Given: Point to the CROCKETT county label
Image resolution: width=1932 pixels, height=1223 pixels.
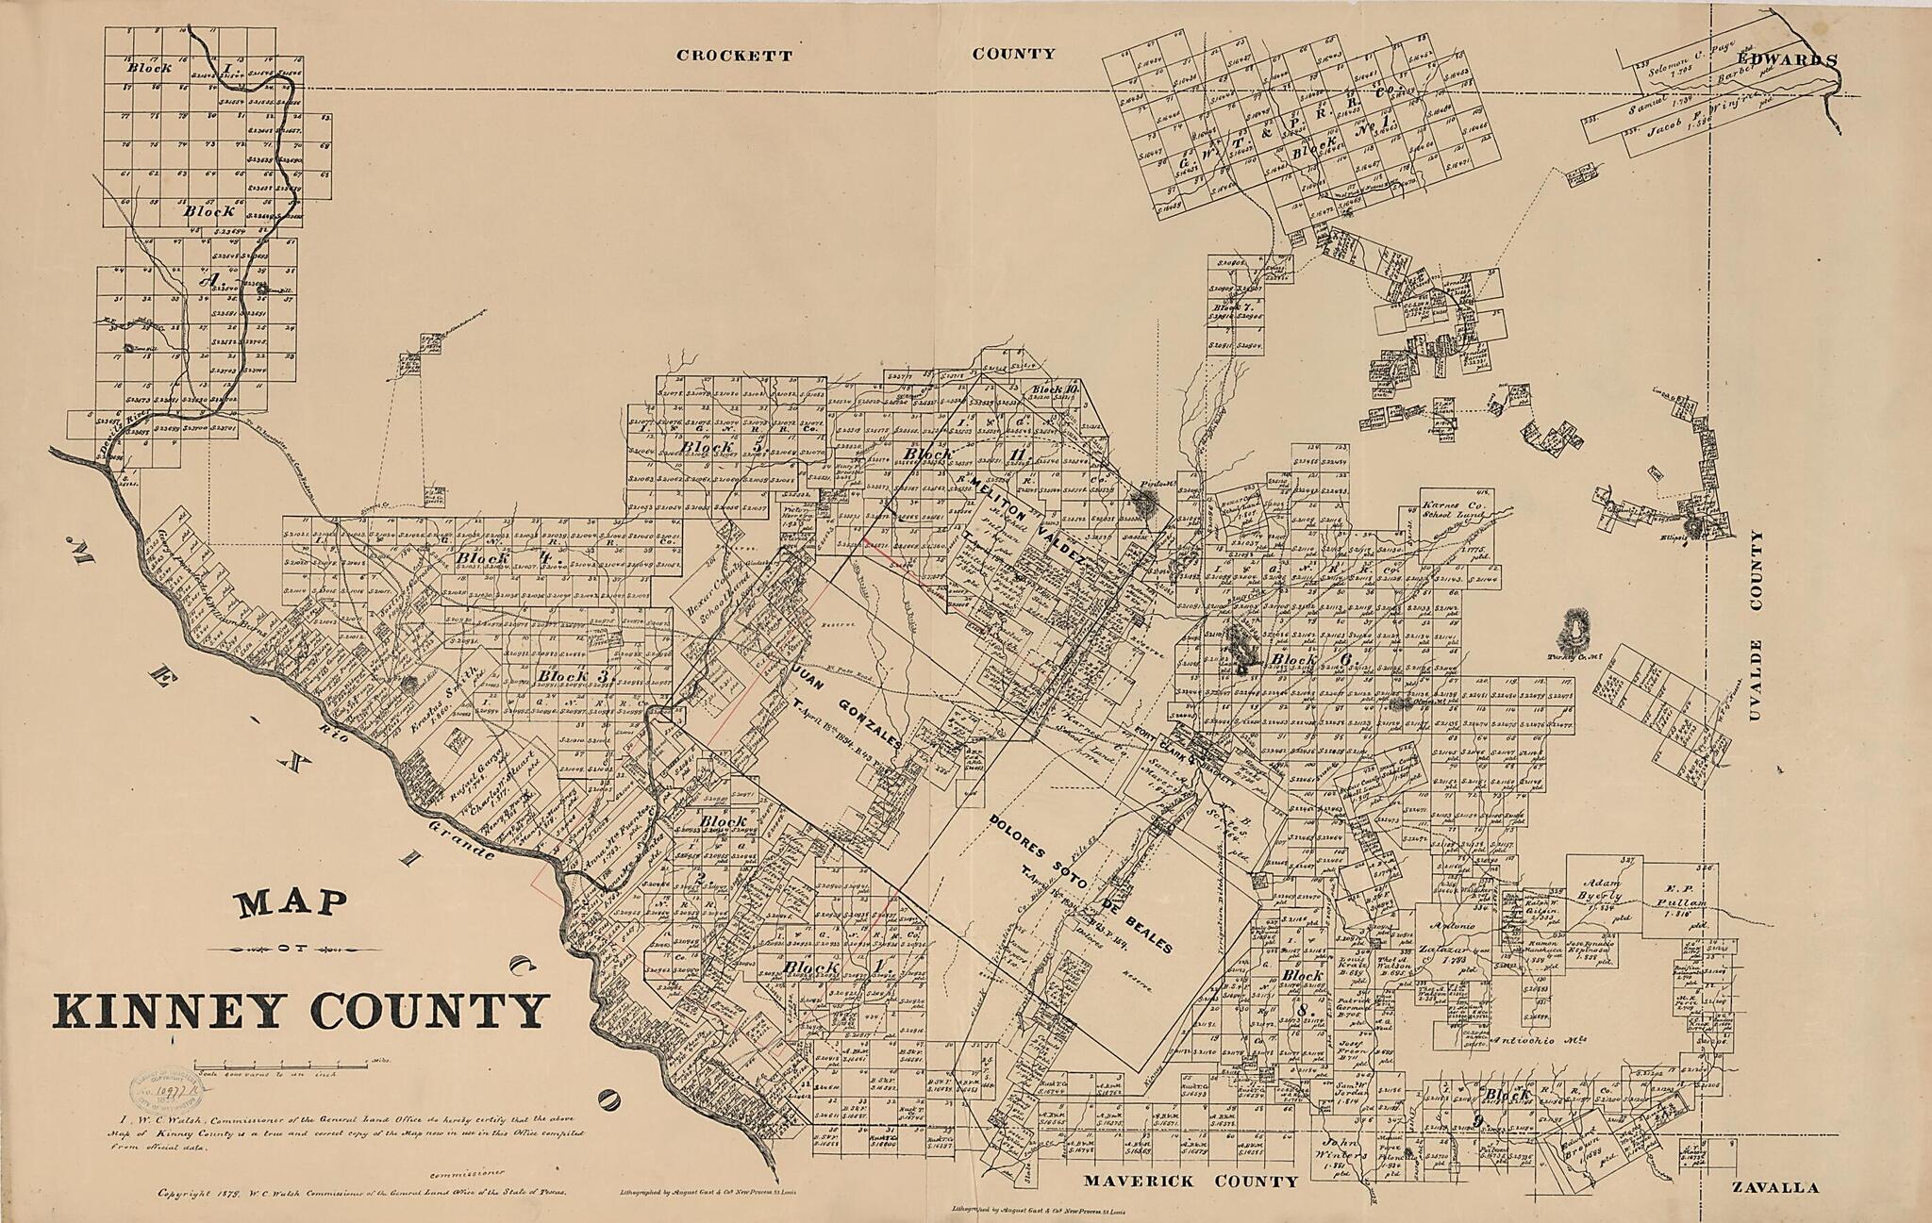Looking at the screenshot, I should point(734,56).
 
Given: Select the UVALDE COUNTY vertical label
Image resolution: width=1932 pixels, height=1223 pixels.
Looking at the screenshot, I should point(1756,639).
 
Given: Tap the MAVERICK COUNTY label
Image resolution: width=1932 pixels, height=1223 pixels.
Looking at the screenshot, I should point(1191,1182).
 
